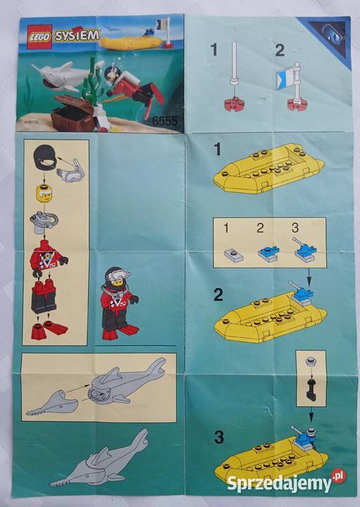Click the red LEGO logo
[x=39, y=37]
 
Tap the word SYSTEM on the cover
[x=75, y=35]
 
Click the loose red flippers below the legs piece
[x=49, y=329]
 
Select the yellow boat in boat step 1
[x=268, y=169]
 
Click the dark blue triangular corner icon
[x=331, y=36]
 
